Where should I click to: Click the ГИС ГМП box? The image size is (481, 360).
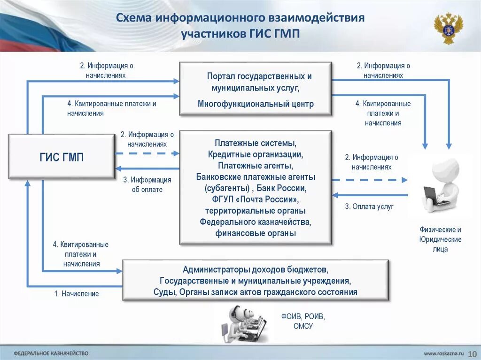pos(62,156)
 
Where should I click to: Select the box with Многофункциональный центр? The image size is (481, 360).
pos(256,89)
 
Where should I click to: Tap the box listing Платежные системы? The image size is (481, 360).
pos(256,188)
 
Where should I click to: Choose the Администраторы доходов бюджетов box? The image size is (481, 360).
pos(256,280)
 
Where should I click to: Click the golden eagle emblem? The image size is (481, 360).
pos(448,28)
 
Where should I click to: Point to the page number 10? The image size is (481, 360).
pos(472,352)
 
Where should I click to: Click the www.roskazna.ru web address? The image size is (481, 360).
pos(444,352)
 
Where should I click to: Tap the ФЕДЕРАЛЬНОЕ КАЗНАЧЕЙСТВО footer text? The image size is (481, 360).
pos(51,352)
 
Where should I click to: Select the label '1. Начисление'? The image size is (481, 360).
pos(77,294)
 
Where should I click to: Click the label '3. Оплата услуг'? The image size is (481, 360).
pos(369,207)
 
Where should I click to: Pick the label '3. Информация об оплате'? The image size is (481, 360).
pos(147,185)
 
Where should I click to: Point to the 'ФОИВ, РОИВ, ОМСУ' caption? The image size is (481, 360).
pos(303,321)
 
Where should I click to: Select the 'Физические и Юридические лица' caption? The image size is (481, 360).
pos(440,239)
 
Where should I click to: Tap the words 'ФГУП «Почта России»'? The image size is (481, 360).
pos(256,199)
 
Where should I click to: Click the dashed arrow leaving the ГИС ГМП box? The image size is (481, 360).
pos(147,153)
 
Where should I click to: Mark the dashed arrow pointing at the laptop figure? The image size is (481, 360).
pos(370,180)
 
